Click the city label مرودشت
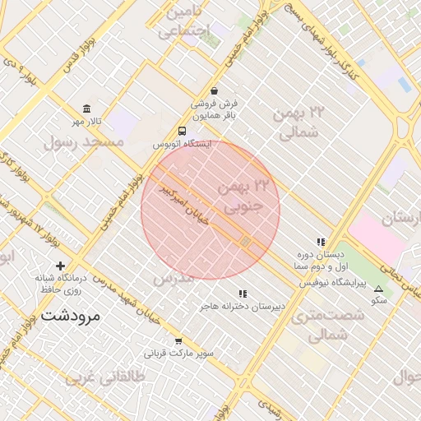(70, 315)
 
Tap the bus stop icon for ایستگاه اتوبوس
(182, 131)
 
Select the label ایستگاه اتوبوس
(182, 144)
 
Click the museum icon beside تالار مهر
(86, 109)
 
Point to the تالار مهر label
(86, 122)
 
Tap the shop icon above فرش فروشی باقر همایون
(215, 90)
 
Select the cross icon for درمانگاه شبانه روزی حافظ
(60, 266)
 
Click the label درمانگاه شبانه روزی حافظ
(60, 284)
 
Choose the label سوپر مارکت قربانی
(179, 354)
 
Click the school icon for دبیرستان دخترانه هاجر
(243, 294)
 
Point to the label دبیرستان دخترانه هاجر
(243, 306)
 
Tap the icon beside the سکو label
(378, 289)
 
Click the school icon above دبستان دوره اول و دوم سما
(320, 243)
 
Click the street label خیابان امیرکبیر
(187, 199)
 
